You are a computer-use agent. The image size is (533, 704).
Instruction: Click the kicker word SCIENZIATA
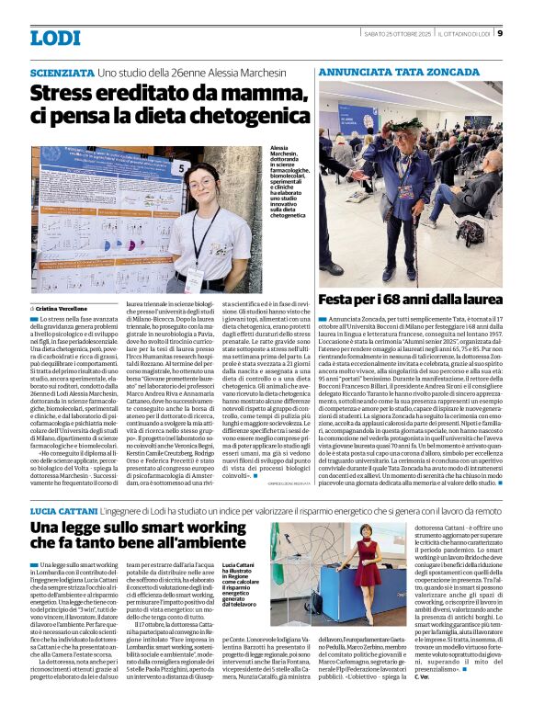tap(61, 72)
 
